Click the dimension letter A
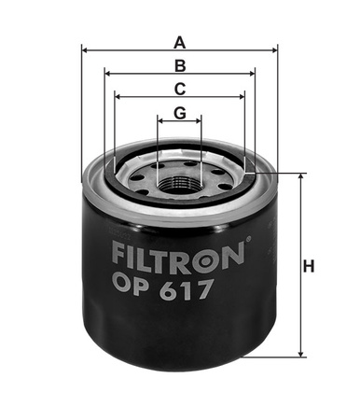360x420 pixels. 180,41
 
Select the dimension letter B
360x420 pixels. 180,65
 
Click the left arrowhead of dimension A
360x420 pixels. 85,50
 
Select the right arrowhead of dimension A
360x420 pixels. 275,50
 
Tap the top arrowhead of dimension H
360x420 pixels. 301,176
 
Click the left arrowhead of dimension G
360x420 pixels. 160,120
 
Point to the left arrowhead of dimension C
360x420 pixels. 118,96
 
